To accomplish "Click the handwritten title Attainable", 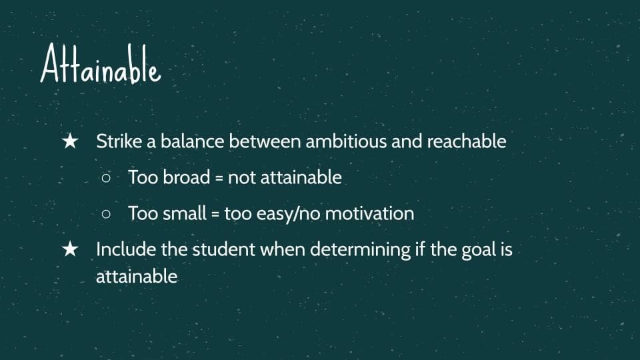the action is click(x=101, y=64).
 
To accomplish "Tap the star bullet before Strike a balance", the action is click(x=70, y=141).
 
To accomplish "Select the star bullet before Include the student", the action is click(x=70, y=249).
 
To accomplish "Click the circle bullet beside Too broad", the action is click(x=106, y=178).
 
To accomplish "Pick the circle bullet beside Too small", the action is click(x=106, y=213).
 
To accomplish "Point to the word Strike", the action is click(x=119, y=141).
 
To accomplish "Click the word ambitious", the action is click(x=346, y=141).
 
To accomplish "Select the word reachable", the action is click(x=467, y=141).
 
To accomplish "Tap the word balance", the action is click(x=192, y=141).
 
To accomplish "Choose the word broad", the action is click(x=186, y=177).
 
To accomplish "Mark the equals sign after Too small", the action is click(x=215, y=214).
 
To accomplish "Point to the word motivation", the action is click(x=369, y=213).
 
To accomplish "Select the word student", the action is click(x=224, y=249).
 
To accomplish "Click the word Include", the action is click(x=126, y=249).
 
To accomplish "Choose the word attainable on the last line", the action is click(x=137, y=276).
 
